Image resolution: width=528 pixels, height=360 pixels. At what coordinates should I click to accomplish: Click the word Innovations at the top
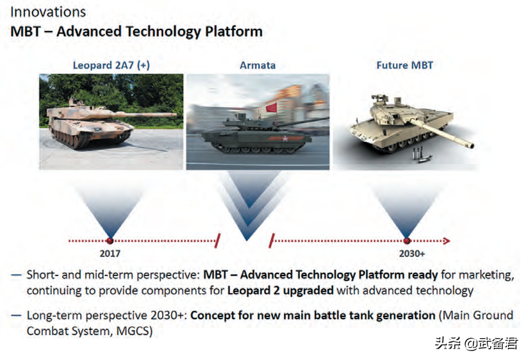pos(48,12)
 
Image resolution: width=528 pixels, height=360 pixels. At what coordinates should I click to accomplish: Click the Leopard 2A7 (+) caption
pos(111,65)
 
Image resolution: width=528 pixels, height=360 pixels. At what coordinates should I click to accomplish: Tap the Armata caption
pos(258,65)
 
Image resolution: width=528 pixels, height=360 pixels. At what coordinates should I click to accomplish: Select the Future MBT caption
pos(404,65)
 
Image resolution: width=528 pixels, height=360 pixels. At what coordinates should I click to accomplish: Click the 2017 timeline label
pos(110,254)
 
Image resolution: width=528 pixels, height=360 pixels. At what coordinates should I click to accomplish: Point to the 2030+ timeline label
pos(412,254)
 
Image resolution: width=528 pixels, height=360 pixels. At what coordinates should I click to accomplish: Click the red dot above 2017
pos(110,241)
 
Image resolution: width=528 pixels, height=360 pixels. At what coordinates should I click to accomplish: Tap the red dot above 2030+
pos(407,241)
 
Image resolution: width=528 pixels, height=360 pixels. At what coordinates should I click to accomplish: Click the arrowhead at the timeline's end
pos(447,241)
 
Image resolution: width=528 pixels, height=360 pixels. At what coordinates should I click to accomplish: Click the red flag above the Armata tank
pos(272,108)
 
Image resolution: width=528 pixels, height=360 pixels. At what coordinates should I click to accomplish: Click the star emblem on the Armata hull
pos(285,138)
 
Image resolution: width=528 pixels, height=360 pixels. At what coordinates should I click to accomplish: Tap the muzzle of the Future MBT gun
pos(470,145)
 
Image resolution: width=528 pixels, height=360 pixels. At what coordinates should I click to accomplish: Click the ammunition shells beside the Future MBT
pos(420,155)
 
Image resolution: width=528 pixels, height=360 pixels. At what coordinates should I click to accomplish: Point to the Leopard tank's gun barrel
pos(145,115)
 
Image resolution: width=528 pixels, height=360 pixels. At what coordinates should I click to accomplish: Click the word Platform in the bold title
pos(234,31)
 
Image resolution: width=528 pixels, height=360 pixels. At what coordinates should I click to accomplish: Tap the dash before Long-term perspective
pos(16,316)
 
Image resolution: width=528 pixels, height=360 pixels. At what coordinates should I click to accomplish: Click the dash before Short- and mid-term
pos(16,275)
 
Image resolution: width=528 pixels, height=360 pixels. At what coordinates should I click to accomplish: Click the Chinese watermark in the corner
pos(476,343)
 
